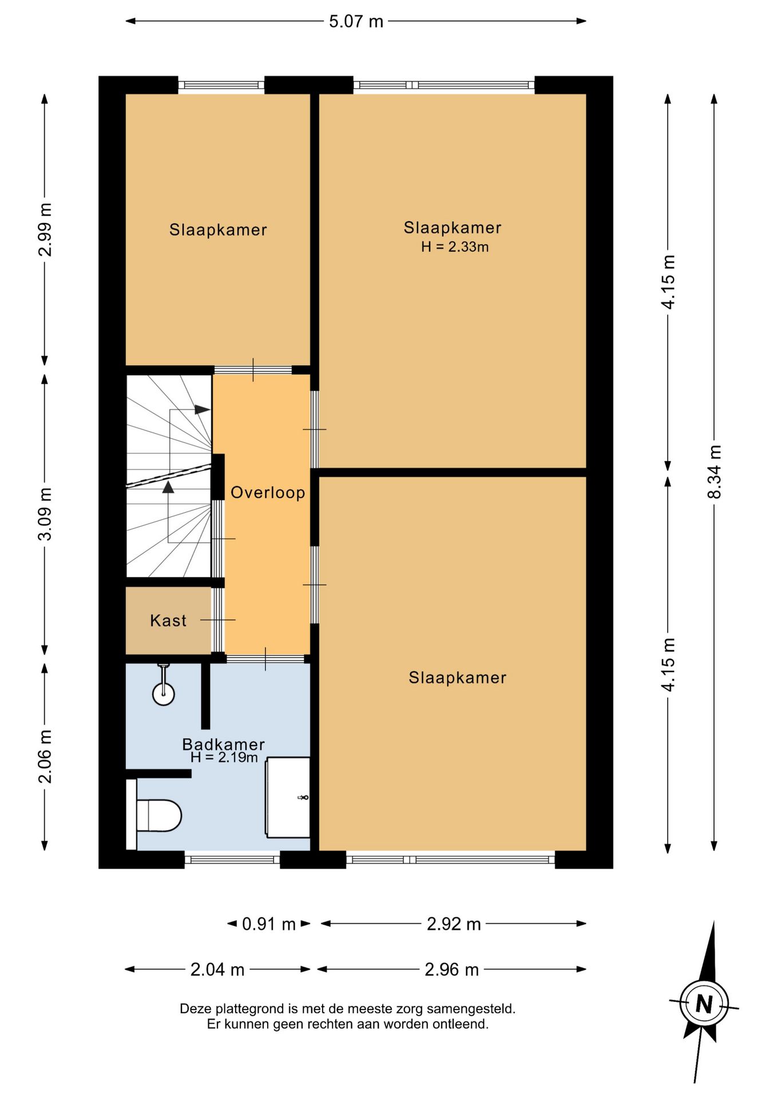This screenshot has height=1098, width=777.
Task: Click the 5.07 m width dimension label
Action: (x=355, y=22)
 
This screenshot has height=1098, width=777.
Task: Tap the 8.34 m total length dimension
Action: (x=714, y=472)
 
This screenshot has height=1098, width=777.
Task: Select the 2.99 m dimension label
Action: (x=45, y=230)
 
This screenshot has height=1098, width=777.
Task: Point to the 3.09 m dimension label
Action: (x=45, y=514)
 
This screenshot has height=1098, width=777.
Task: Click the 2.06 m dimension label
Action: (x=45, y=757)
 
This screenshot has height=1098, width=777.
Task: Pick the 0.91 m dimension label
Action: (x=269, y=924)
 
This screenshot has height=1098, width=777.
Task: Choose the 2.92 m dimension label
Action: (x=454, y=924)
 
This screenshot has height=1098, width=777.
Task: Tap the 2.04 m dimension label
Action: (x=217, y=969)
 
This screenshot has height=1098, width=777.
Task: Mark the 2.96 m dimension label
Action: (x=451, y=969)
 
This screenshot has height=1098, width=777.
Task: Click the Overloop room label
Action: (x=268, y=492)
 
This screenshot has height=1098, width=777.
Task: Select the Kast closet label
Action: (x=168, y=620)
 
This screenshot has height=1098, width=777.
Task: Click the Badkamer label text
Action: (x=223, y=744)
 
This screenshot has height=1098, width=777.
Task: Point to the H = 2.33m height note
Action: (x=455, y=247)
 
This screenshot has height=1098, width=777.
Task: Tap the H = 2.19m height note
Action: (x=224, y=758)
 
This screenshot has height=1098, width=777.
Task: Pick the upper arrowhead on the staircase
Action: (x=203, y=409)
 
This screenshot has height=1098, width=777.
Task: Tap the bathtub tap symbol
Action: (x=303, y=797)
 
